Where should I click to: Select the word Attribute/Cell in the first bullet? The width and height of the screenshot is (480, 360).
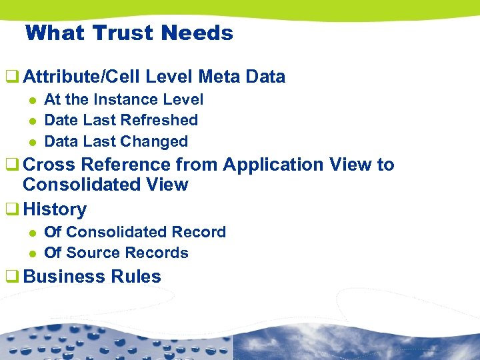81,77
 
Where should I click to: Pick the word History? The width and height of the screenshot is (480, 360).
55,209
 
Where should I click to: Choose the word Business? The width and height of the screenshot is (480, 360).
64,277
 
